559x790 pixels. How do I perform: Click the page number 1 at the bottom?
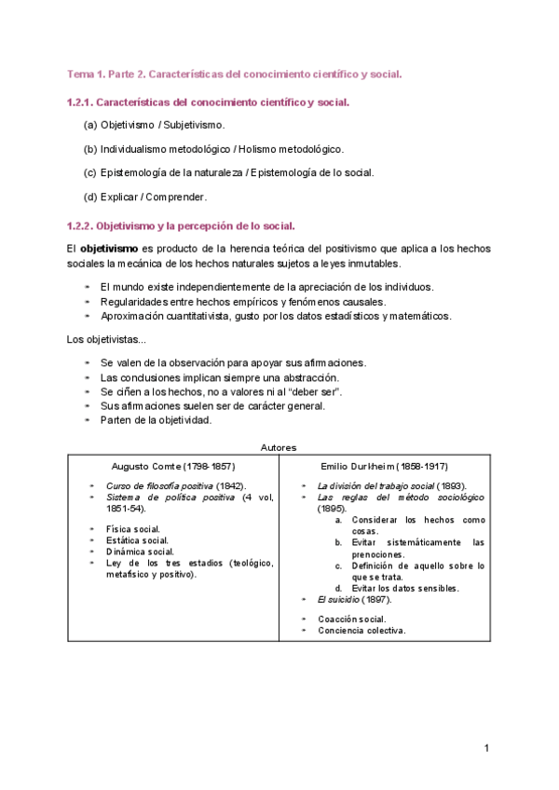click(x=486, y=748)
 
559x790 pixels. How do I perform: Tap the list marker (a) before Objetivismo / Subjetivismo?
click(x=90, y=124)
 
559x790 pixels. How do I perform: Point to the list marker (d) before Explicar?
click(x=90, y=197)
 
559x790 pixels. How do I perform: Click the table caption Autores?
click(x=279, y=447)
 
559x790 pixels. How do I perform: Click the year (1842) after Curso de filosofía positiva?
click(x=230, y=486)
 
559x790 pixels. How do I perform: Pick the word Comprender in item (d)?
click(x=176, y=197)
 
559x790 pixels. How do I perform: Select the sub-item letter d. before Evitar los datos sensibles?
click(x=339, y=588)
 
